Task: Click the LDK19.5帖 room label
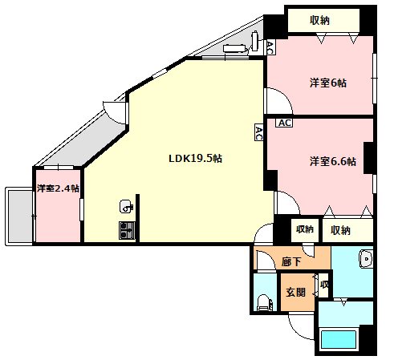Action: [195, 159]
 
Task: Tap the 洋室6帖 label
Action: [328, 83]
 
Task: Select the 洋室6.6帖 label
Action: [333, 161]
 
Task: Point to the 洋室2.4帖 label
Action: [58, 188]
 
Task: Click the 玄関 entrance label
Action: [296, 292]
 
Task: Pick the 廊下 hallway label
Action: [291, 261]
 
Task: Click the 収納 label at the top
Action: [319, 20]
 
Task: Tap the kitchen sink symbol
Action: [126, 206]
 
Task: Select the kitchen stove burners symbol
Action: [127, 230]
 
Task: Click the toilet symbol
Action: [265, 303]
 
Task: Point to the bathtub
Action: [339, 340]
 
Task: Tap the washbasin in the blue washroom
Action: [366, 259]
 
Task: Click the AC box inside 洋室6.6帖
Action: [284, 123]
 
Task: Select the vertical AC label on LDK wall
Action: [258, 132]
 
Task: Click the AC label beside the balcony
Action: [270, 47]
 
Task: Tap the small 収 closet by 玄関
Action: [324, 285]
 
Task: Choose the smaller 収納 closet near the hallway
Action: [305, 229]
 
